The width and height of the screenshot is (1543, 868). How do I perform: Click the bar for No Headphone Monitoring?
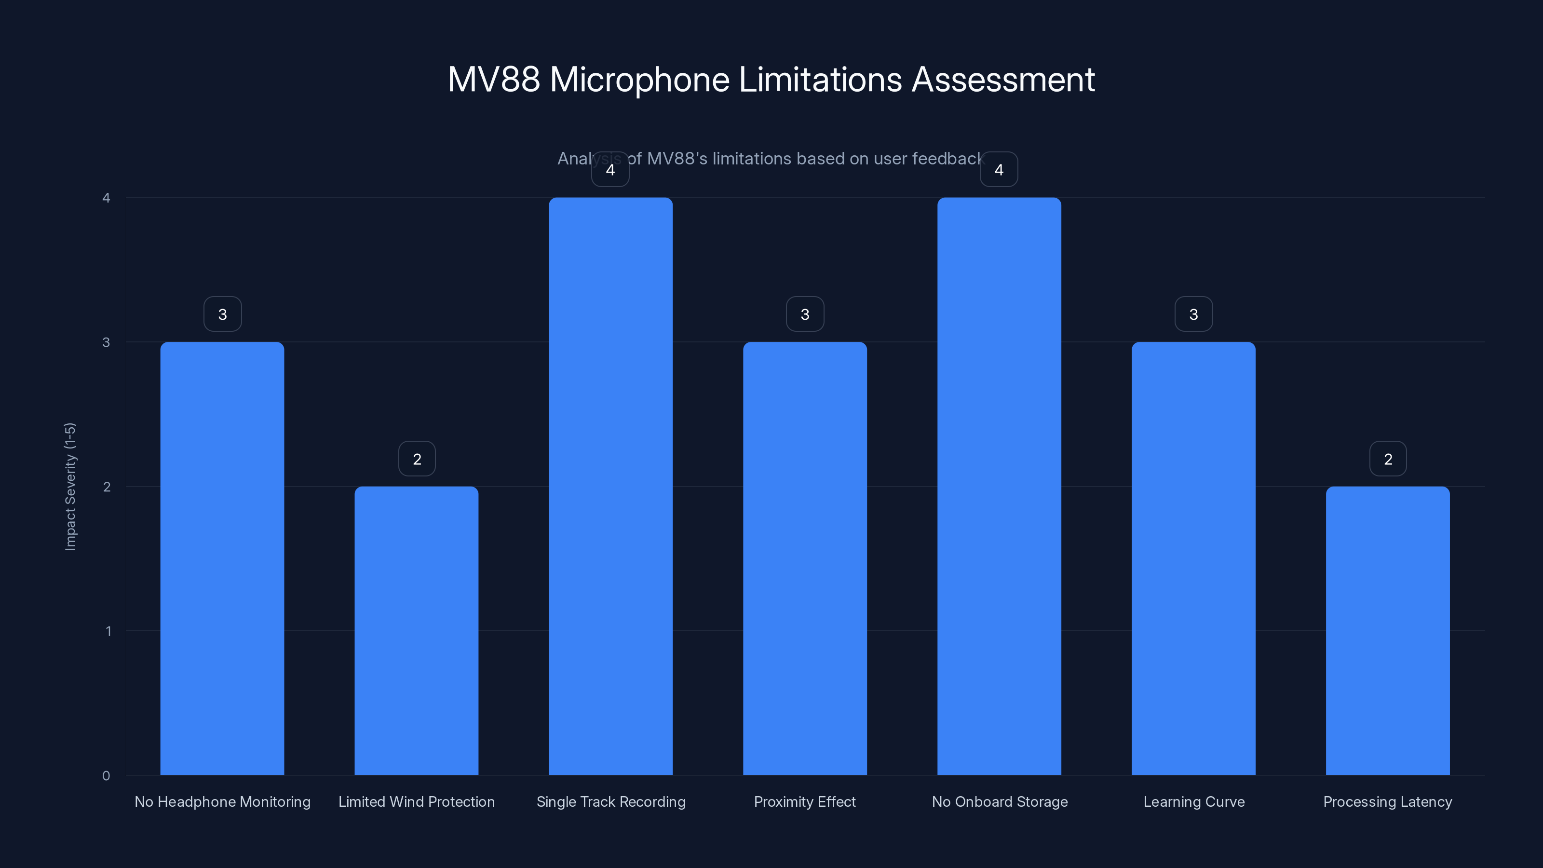tap(222, 558)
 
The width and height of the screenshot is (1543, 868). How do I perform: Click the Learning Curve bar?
tap(1193, 558)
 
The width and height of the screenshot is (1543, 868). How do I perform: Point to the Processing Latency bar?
tap(1387, 630)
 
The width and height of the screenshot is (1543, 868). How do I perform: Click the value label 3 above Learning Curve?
tap(1193, 314)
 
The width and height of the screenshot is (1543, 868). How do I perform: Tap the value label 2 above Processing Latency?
tap(1388, 459)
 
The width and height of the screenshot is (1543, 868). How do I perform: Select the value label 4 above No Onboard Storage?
tap(999, 170)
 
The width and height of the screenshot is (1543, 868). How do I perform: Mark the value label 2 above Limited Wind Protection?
tap(417, 459)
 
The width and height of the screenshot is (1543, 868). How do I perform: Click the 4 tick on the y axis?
tap(107, 198)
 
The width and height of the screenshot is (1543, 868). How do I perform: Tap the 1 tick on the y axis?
tap(108, 631)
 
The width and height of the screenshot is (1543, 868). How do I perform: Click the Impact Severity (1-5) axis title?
tap(70, 487)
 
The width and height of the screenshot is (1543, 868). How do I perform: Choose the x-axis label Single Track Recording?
tap(610, 801)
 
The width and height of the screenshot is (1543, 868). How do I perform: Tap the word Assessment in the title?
tap(1003, 80)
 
